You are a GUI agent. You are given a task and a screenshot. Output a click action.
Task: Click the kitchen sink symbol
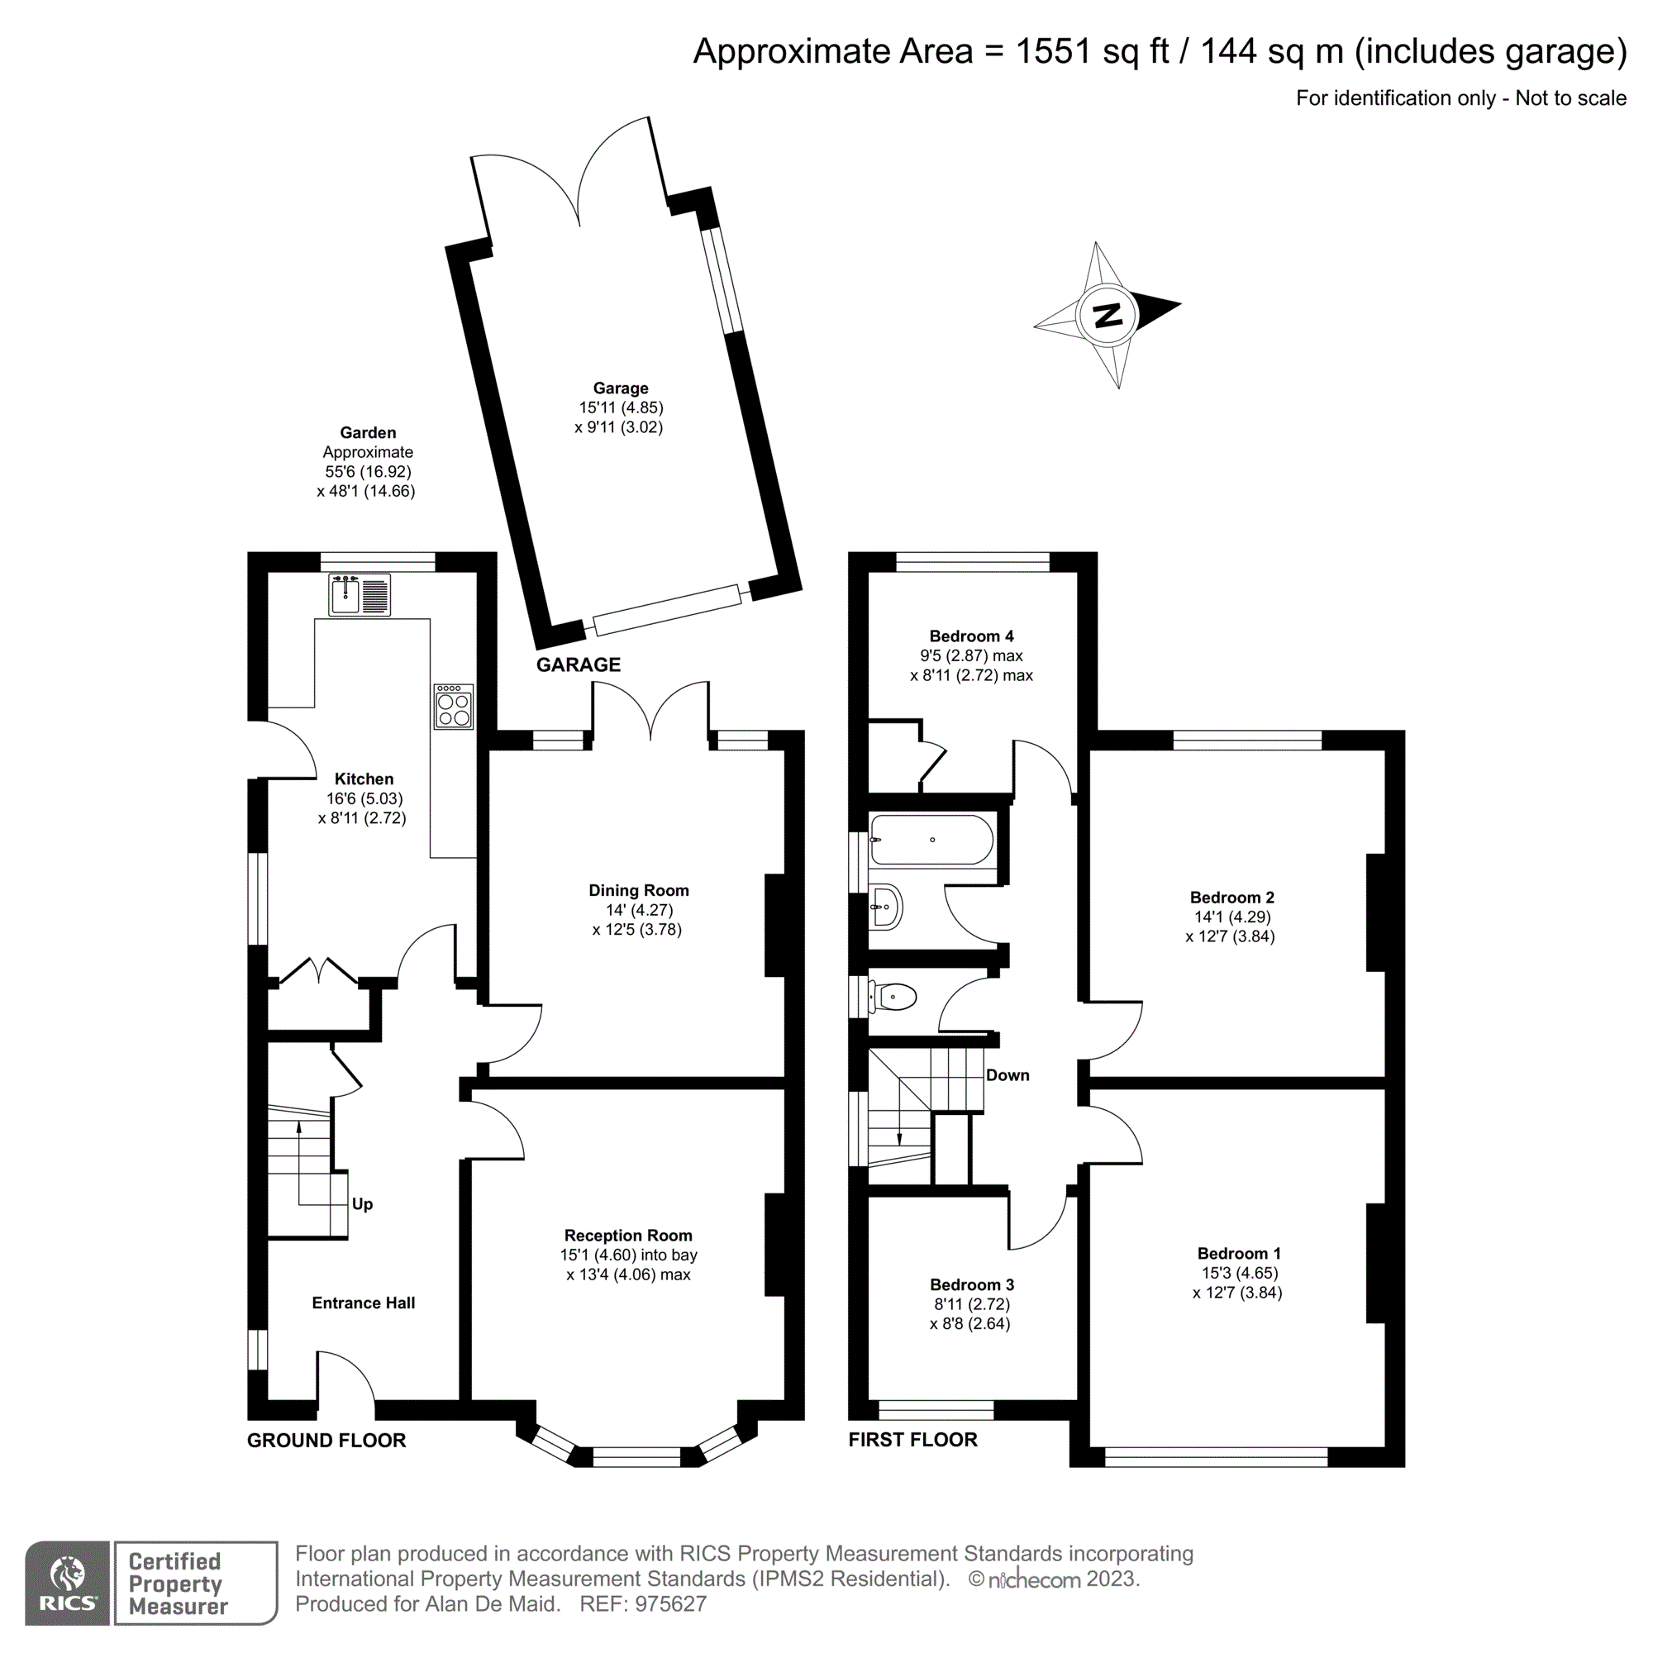360,594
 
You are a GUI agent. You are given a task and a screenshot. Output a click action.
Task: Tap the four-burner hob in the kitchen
454,707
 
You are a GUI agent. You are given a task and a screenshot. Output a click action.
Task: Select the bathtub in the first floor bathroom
931,841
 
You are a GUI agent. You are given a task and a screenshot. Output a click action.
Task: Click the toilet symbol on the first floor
894,997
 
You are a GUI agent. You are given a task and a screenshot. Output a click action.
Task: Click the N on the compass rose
1108,316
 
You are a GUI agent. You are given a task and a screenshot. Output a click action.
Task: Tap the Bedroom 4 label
971,636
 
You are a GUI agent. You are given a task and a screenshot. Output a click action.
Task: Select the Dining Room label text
638,890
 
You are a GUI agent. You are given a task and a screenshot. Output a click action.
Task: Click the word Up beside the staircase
362,1204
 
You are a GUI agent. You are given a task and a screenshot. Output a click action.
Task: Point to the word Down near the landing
1007,1075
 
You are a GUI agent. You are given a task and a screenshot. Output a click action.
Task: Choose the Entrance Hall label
363,1303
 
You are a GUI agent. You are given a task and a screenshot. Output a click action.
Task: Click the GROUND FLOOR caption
326,1440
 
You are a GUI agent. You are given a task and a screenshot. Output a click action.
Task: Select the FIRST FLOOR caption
912,1439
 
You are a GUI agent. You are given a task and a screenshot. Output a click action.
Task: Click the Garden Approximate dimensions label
367,462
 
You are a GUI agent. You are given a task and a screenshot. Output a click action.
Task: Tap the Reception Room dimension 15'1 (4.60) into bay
629,1255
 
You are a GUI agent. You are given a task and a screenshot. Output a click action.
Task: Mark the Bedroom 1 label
1238,1254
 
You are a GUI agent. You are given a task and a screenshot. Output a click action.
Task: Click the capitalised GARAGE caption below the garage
579,665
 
